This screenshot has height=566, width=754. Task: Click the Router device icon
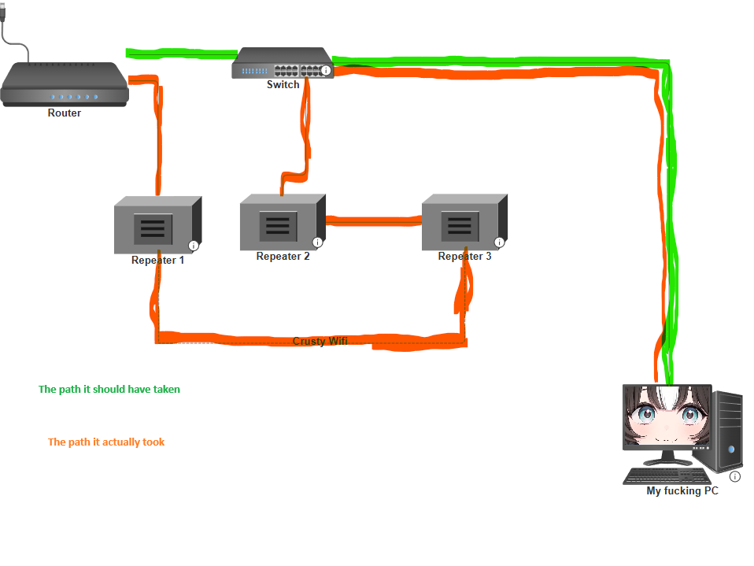[64, 85]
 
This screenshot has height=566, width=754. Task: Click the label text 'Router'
[64, 113]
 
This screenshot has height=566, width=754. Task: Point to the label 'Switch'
[283, 84]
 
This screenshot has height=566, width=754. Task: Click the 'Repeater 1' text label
[157, 260]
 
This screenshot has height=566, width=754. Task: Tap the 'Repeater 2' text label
[283, 256]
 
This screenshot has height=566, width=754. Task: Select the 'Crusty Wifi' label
[320, 341]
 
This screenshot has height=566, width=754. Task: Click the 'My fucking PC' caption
[682, 490]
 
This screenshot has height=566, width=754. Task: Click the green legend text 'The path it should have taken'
[109, 389]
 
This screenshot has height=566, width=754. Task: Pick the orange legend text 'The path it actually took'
[106, 442]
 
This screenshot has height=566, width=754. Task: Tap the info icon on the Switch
[326, 71]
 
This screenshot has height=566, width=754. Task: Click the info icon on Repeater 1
[194, 246]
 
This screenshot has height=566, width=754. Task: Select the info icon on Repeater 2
[318, 242]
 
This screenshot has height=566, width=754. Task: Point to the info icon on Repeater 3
[499, 242]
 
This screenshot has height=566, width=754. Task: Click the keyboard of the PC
[666, 476]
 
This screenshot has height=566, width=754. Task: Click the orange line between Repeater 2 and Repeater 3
[373, 220]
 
